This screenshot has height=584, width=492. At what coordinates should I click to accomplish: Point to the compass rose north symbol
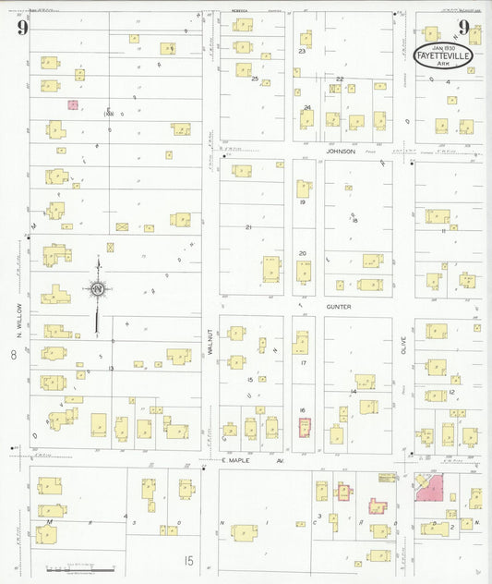(x=98, y=290)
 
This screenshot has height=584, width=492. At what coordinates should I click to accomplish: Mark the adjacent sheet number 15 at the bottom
(x=188, y=560)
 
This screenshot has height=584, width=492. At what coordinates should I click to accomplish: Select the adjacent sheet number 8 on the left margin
(x=14, y=355)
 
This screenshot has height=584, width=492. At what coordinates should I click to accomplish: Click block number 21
(x=247, y=226)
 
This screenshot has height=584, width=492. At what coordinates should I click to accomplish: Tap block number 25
(x=255, y=79)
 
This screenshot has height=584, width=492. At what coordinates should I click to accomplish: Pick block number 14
(x=353, y=392)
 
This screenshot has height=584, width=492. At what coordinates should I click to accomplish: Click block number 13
(x=111, y=368)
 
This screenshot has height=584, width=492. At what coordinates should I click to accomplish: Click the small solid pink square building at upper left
(x=72, y=105)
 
